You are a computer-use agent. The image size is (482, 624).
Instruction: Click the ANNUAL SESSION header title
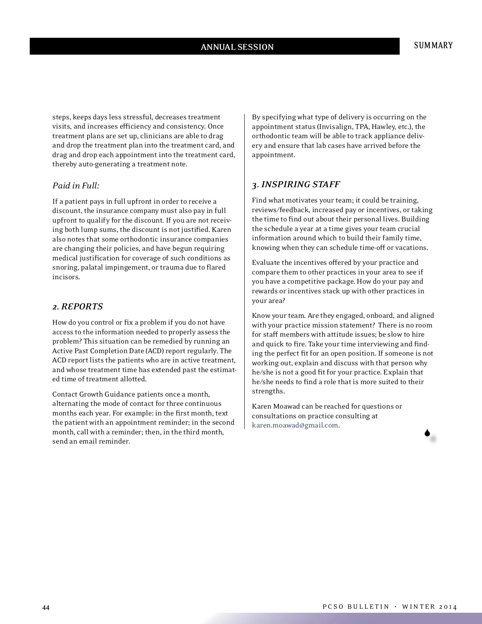237,47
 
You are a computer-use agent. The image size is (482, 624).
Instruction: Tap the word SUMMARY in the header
433,45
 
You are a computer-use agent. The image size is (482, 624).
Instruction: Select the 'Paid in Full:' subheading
76,186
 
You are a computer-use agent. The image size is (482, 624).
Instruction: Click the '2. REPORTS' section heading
78,307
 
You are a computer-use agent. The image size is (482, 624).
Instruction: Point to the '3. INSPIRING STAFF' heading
296,184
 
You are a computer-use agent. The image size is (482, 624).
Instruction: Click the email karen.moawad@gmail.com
295,425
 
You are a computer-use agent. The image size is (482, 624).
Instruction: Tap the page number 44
46,608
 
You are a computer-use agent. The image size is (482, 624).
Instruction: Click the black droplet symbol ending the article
427,433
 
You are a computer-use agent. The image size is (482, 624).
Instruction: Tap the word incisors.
65,277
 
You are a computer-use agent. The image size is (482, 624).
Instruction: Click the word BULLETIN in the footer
368,607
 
